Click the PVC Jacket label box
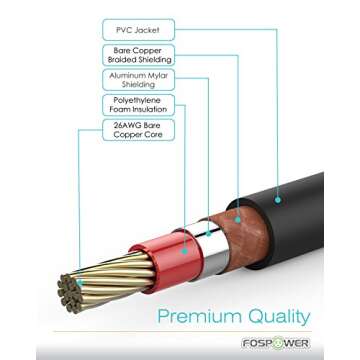coord(139,30)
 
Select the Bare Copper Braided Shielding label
coord(139,55)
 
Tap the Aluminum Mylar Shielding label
coord(139,81)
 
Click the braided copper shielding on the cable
coord(237,225)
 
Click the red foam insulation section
coord(177,255)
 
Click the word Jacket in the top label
coord(150,30)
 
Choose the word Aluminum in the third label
coord(130,76)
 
